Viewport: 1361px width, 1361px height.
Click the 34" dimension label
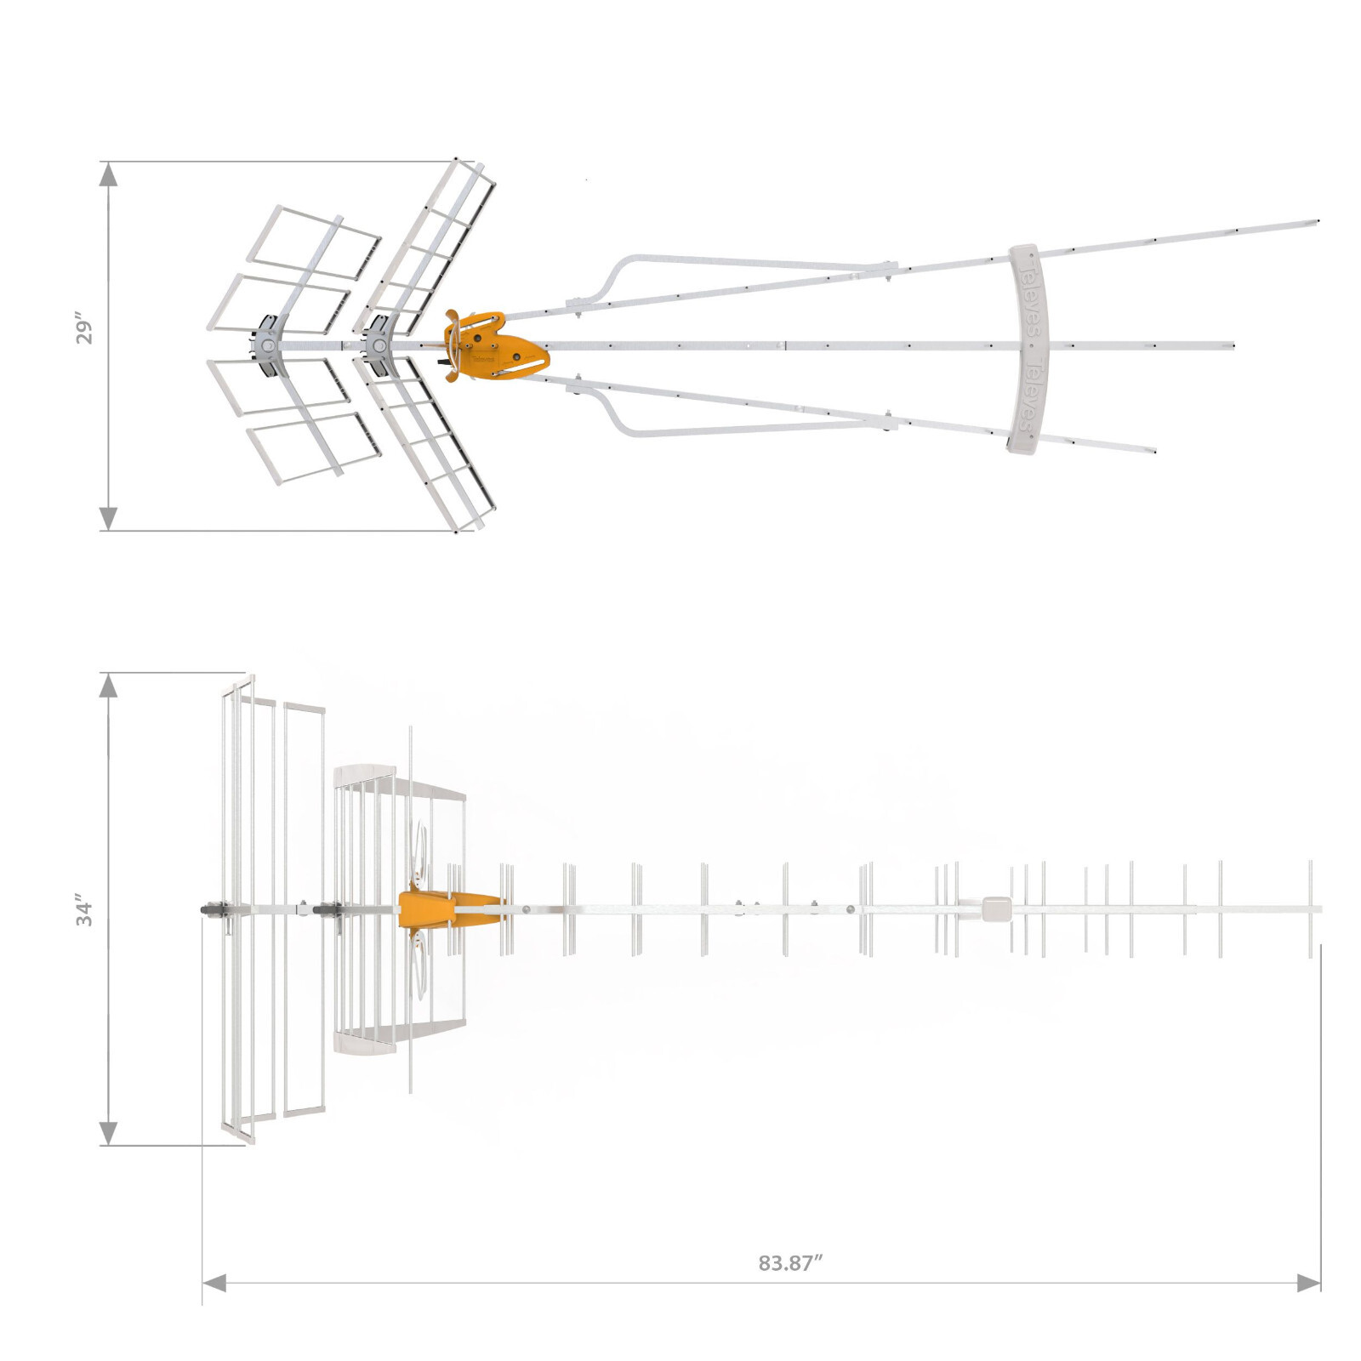[83, 909]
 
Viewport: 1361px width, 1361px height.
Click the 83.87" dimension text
[790, 1262]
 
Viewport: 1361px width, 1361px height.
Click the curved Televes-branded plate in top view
[1028, 349]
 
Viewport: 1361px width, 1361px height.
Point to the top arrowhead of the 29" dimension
[108, 174]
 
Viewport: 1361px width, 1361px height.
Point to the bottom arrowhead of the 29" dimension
[108, 518]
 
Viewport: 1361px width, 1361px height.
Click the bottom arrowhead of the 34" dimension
[108, 1132]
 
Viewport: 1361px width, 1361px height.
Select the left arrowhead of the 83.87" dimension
[214, 1283]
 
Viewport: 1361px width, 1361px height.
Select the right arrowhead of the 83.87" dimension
[1308, 1283]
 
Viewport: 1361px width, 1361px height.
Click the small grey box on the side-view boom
[995, 908]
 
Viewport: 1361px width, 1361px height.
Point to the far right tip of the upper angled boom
[1315, 222]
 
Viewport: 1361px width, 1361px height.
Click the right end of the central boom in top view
[1231, 346]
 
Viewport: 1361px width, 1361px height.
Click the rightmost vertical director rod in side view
[1310, 908]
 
